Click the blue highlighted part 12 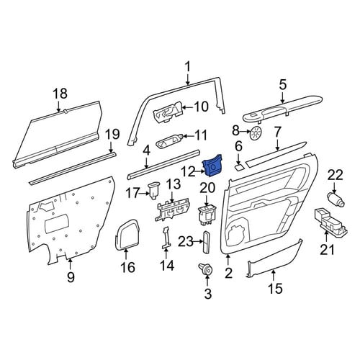[212, 166]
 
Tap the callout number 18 [60, 94]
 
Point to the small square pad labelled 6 [239, 166]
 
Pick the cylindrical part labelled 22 [336, 198]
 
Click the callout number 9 [71, 277]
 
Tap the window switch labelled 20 [207, 215]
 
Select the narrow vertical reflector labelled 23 [207, 242]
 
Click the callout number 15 [275, 288]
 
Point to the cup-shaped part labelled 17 [153, 191]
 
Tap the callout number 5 [283, 85]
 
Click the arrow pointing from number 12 [198, 171]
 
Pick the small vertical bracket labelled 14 [166, 237]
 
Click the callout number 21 [328, 249]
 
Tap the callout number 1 [188, 66]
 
